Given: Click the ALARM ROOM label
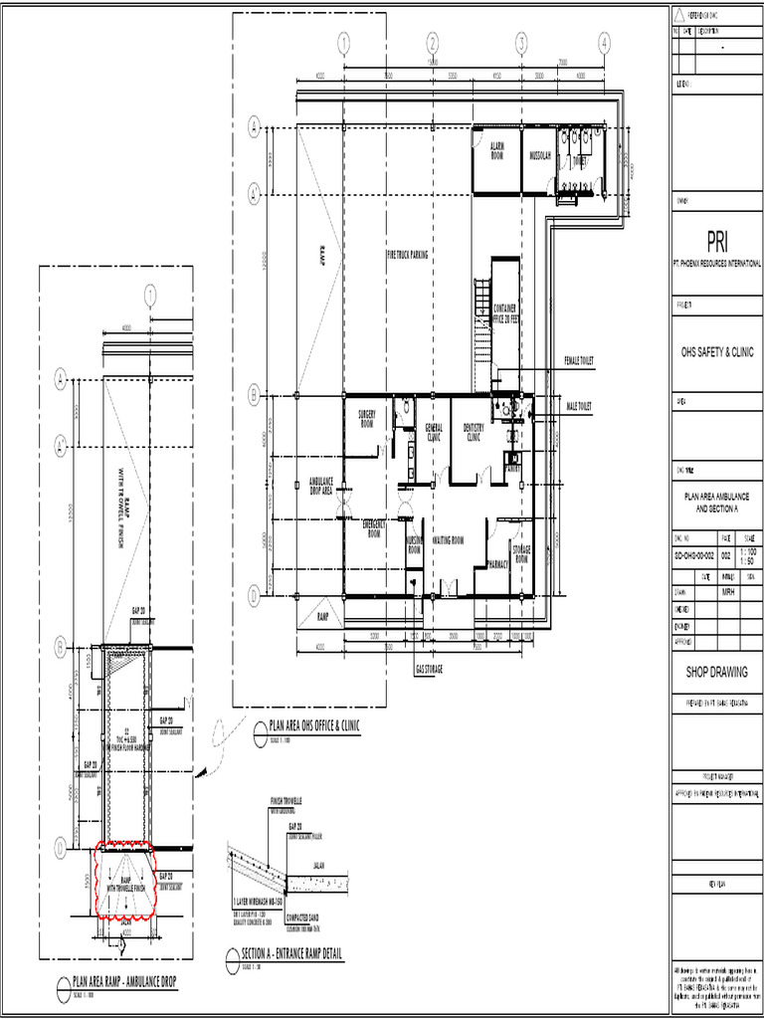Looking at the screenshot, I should click(496, 151).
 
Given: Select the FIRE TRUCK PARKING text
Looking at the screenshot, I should click(407, 255).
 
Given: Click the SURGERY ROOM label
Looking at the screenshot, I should click(366, 418).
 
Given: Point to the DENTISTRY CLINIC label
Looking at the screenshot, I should click(473, 431).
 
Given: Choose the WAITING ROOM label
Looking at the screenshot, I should click(449, 540).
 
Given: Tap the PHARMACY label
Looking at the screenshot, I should click(498, 563).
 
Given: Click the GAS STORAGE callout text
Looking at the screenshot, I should click(429, 670).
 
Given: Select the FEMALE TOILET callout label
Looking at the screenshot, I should click(578, 360).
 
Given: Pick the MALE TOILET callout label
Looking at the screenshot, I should click(578, 407).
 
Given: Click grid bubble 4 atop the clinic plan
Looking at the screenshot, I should click(603, 43).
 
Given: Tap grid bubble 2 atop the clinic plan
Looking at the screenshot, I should click(433, 43).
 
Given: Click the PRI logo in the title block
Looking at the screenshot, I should click(717, 242).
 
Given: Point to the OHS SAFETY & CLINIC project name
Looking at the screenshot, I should click(717, 352).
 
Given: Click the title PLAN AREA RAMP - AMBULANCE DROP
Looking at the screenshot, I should click(124, 982).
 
